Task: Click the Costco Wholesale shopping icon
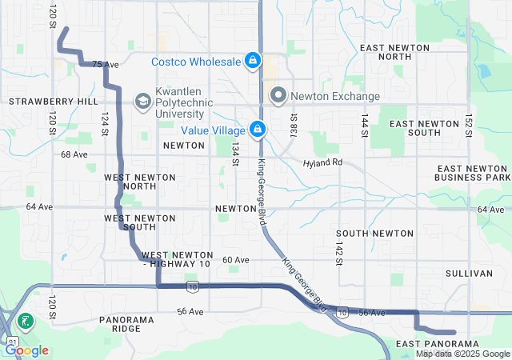coord(252,61)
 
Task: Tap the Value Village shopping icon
coord(258,129)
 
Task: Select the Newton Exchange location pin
coord(278,96)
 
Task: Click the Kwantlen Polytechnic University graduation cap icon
coord(142,101)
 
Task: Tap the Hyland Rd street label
coord(322,162)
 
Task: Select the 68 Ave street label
coord(74,154)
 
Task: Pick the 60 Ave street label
coord(235,260)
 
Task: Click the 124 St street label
coord(104,125)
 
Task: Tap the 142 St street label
coord(339,250)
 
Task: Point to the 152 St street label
coord(470,125)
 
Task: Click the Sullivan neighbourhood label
coord(470,273)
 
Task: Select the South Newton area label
coord(374,234)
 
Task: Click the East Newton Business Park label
coord(474,172)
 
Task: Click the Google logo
coord(27,350)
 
